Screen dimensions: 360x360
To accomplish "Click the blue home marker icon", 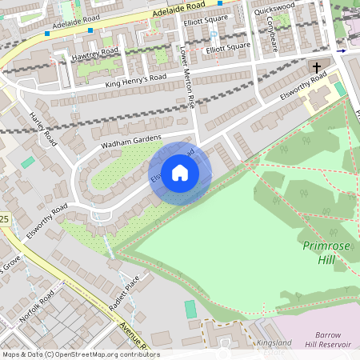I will [x=180, y=173].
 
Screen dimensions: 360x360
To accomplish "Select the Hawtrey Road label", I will [x=94, y=53].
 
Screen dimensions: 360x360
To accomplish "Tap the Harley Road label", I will [x=43, y=128].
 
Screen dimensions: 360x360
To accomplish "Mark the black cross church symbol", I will [x=316, y=67].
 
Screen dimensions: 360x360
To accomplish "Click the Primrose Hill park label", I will [x=326, y=251].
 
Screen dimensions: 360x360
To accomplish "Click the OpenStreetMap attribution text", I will [x=80, y=354].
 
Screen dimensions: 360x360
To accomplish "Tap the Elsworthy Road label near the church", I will [x=303, y=86].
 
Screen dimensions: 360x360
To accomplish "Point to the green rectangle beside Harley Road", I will [x=28, y=162].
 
